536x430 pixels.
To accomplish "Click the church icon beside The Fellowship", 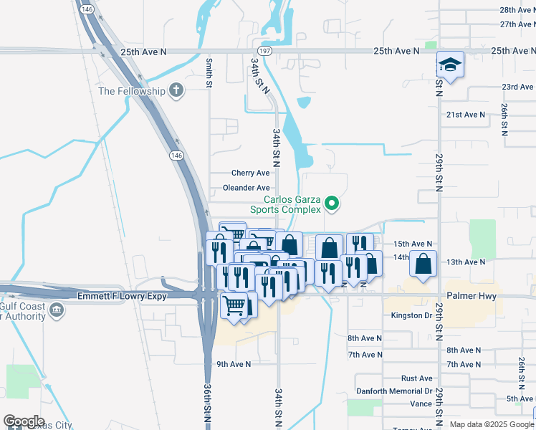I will point(176,91).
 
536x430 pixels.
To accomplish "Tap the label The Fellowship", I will point(131,91).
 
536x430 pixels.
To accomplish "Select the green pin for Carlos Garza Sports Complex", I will point(331,205).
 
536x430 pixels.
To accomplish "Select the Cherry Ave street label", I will point(250,173).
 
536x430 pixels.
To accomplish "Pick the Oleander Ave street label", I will point(246,188).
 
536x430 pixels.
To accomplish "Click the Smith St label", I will point(209,74).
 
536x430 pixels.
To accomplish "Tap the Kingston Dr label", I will point(411,315).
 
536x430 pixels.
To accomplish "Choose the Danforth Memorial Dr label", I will point(394,391).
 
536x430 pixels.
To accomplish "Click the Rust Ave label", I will point(416,378).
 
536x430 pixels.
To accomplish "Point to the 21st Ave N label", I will point(466,115).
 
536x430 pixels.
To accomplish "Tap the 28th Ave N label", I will point(517,10).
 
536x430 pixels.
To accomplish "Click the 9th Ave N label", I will point(234,364).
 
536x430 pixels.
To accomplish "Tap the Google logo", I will point(24,421).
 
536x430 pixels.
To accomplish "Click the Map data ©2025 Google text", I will point(492,424).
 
